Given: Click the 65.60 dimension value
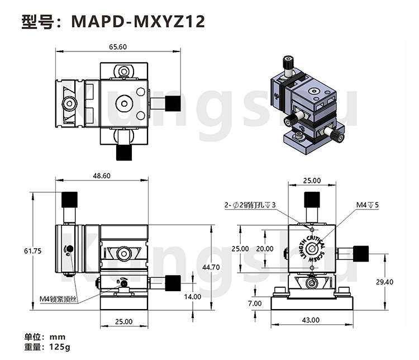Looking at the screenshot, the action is pos(118,47).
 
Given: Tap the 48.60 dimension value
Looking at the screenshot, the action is pos(102,176).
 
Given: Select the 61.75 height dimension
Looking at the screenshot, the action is pos(32,251).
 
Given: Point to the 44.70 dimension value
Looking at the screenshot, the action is pos(211,267).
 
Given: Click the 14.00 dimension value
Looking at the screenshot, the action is pos(193,296).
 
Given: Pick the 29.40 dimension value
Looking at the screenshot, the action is pos(384,282).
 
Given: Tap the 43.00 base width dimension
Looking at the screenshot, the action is pos(311,320).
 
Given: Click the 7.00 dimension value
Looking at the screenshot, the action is pos(255,304).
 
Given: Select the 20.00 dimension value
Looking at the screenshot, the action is pos(265,249).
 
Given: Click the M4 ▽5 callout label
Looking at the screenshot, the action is pos(368,205).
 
